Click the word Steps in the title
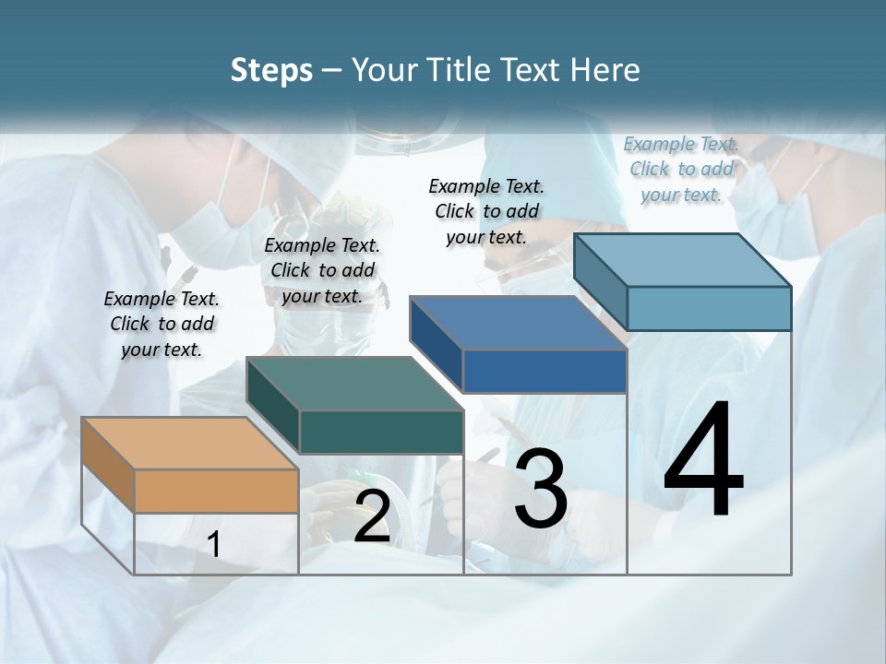click(271, 70)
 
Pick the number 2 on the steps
click(372, 517)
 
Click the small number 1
click(214, 545)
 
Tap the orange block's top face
click(189, 444)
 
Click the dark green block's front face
click(381, 432)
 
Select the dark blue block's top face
click(518, 323)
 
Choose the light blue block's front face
click(709, 308)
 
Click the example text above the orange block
click(162, 324)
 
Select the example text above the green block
click(322, 270)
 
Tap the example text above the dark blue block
click(486, 211)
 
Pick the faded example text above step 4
click(681, 169)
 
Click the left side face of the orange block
click(108, 466)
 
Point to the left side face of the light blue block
click(601, 282)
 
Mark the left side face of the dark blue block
click(437, 345)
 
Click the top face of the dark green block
click(354, 384)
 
